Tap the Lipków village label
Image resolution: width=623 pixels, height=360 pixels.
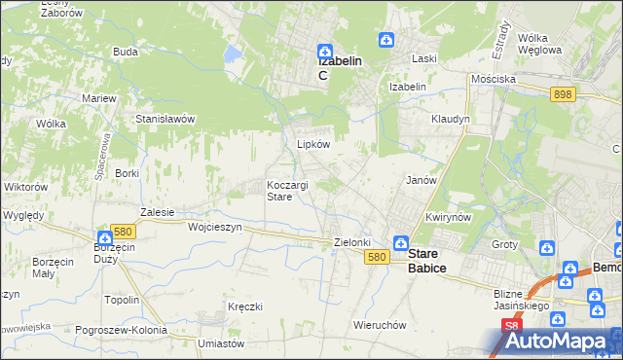pyautogui.click(x=313, y=144)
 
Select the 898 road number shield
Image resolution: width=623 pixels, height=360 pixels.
pyautogui.click(x=562, y=94)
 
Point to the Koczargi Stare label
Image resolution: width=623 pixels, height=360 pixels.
pyautogui.click(x=287, y=191)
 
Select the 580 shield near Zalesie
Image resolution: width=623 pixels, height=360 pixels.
pyautogui.click(x=123, y=232)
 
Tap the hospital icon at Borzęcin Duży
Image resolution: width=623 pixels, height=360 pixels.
pyautogui.click(x=104, y=236)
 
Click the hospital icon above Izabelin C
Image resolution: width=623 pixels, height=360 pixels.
pyautogui.click(x=325, y=52)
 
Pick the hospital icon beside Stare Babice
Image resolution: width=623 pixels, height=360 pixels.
pyautogui.click(x=399, y=242)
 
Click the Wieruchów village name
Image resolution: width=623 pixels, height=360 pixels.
pyautogui.click(x=380, y=325)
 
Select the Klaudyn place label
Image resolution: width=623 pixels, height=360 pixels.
pyautogui.click(x=451, y=119)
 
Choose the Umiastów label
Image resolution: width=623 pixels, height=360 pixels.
pyautogui.click(x=219, y=343)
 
